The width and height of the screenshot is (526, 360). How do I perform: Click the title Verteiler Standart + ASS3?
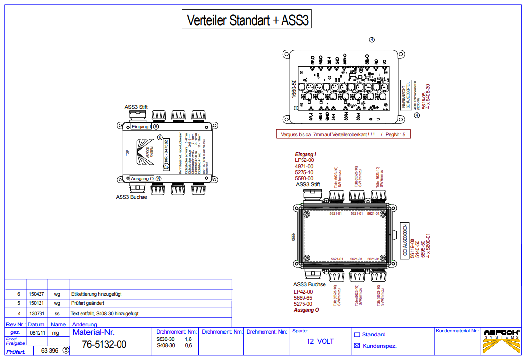click(246, 20)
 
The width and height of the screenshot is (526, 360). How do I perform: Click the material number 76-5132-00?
click(104, 344)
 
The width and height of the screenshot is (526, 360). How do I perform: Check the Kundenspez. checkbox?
click(357, 346)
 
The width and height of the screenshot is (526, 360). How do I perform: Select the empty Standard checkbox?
click(357, 335)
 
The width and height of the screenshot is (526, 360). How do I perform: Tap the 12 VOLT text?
click(320, 341)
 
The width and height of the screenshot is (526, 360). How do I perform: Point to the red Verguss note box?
click(343, 134)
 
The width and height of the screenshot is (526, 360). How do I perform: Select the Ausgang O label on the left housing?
click(142, 179)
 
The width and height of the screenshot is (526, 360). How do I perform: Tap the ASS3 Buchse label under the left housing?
click(131, 197)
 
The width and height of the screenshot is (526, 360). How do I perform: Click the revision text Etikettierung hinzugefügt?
click(97, 294)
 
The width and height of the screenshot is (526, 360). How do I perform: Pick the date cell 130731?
click(37, 313)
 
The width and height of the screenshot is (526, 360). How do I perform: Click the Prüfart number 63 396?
click(50, 350)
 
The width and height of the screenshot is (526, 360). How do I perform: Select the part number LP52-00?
click(304, 160)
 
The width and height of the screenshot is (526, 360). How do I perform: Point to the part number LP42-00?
click(303, 292)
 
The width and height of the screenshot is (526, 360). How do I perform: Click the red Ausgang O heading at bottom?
click(306, 310)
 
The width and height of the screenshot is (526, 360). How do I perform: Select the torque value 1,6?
click(188, 339)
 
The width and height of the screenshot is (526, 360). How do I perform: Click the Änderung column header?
click(84, 324)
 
